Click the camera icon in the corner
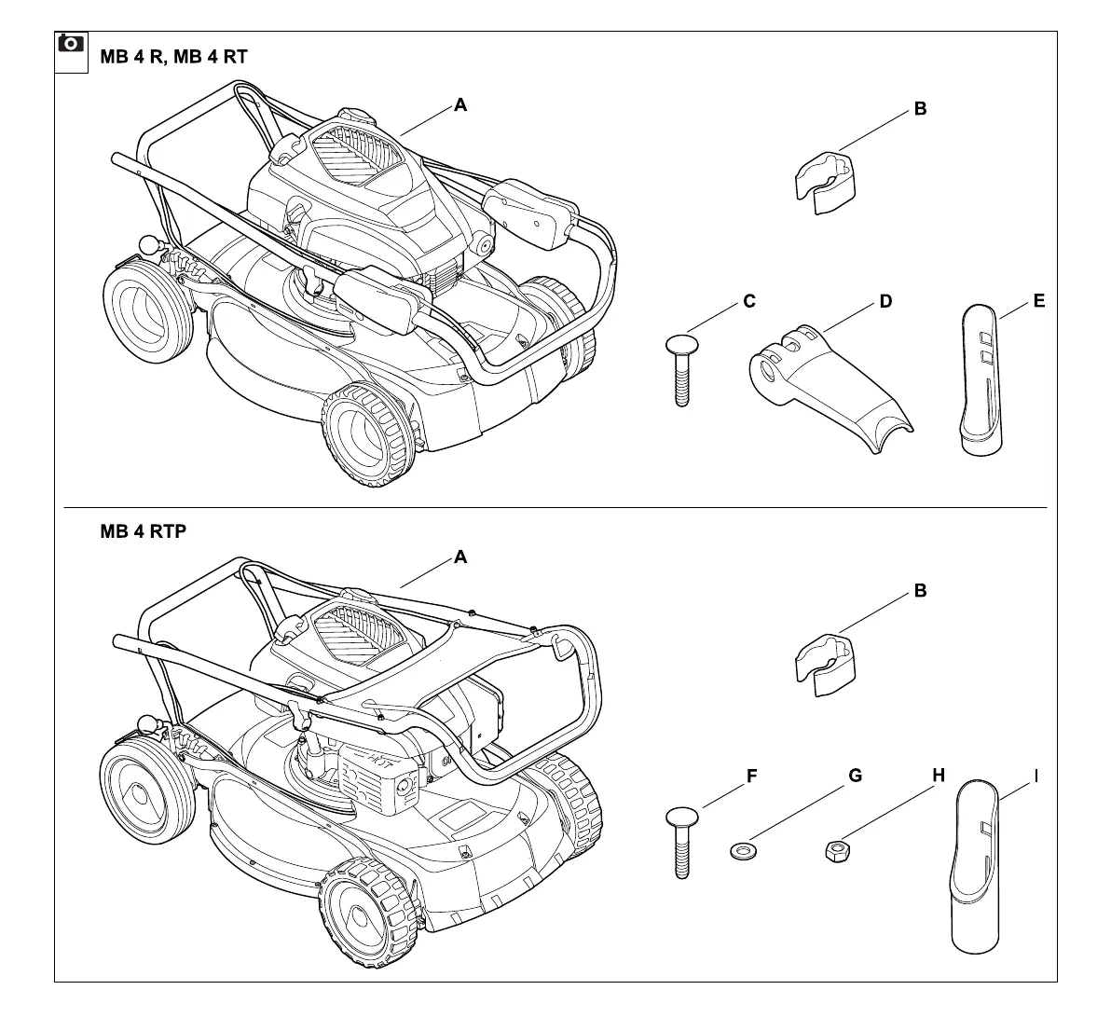71,44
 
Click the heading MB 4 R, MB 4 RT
173,57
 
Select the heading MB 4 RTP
143,532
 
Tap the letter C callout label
749,302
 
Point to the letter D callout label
885,302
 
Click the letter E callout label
1039,301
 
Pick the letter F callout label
751,777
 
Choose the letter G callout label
855,777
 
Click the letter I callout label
1036,777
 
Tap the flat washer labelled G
742,850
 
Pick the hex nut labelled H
835,850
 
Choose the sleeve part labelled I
978,867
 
